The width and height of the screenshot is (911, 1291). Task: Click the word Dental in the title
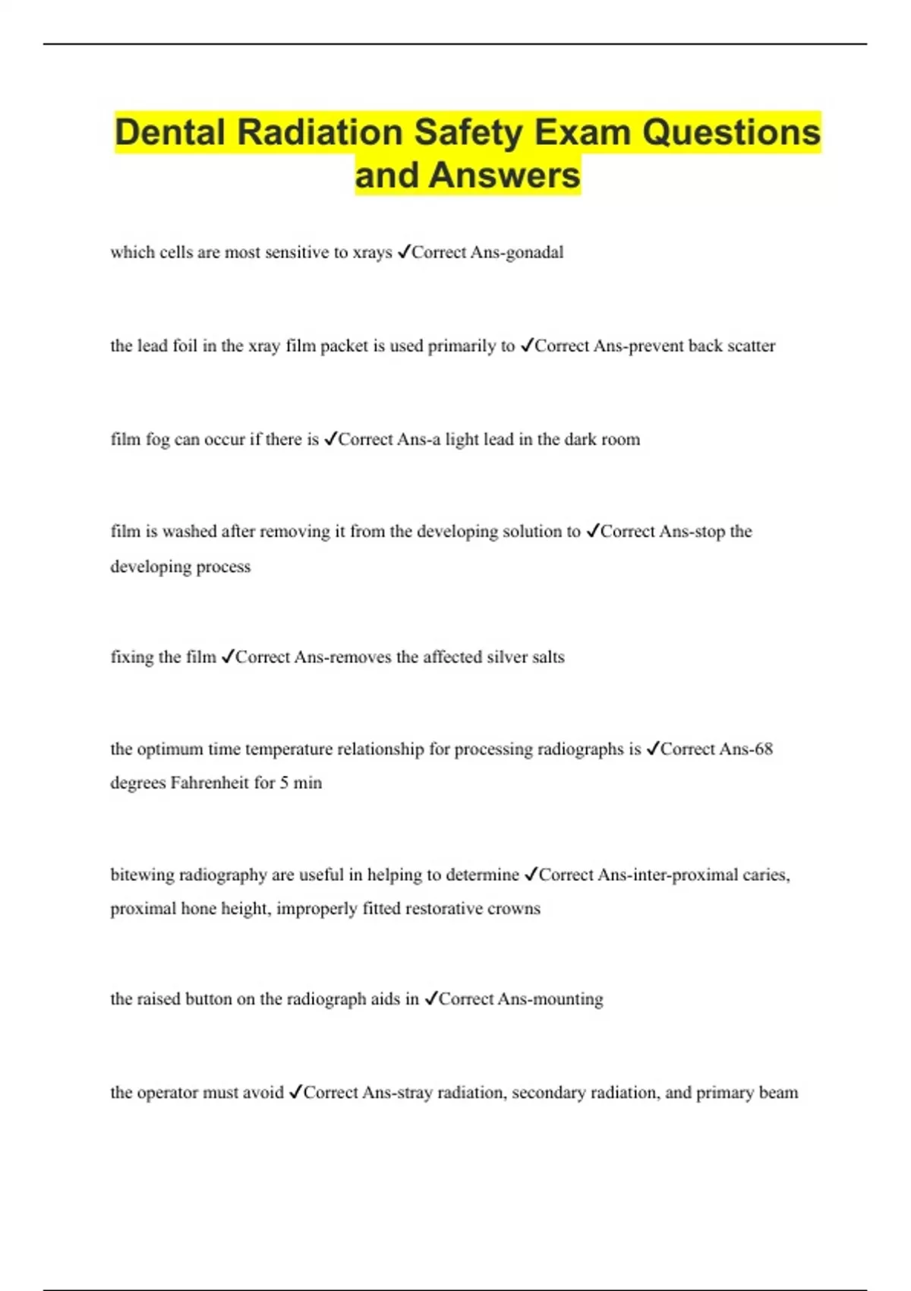[x=171, y=132]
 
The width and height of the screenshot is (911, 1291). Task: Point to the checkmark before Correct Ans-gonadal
[x=404, y=251]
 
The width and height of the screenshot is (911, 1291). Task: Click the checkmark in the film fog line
[x=330, y=439]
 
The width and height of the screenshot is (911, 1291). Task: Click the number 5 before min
[x=284, y=783]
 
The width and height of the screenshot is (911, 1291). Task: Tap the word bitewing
[x=142, y=875]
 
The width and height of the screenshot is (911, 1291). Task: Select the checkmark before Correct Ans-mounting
[x=431, y=999]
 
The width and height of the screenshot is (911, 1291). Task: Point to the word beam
[x=778, y=1093]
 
